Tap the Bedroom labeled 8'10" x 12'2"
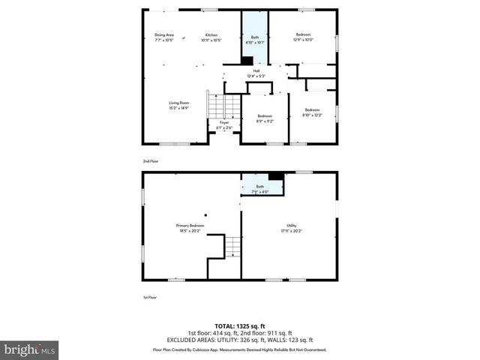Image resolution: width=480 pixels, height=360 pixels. coord(311,112)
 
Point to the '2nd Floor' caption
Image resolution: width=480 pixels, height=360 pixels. coord(151,160)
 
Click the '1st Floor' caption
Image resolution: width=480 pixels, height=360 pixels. coord(150,296)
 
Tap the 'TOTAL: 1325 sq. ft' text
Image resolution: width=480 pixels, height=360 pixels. coord(239,326)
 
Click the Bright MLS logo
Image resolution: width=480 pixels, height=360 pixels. coord(30,349)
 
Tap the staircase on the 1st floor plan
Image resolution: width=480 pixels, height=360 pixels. coord(233,246)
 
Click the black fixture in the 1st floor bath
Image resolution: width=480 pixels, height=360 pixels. coord(276,177)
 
